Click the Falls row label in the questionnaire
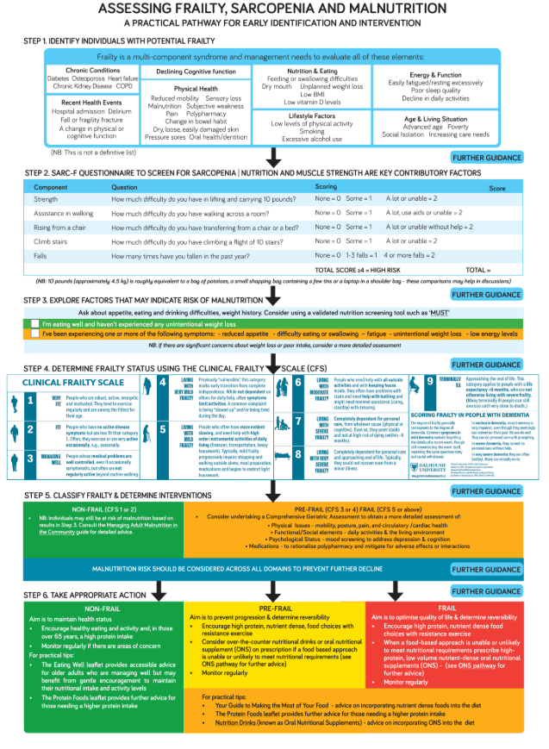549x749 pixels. [41, 256]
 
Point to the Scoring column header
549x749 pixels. [326, 186]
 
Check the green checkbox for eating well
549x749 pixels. [33, 321]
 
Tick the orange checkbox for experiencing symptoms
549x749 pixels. [33, 332]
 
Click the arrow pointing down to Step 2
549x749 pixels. [274, 158]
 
